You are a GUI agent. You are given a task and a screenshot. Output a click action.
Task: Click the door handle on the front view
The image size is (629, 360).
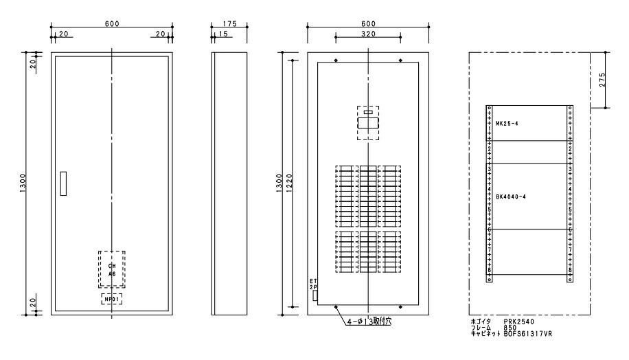point(63,183)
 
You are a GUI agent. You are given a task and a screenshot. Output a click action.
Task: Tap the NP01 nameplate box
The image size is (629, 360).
point(111,299)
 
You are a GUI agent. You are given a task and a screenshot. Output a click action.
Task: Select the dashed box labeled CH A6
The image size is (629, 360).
point(112,269)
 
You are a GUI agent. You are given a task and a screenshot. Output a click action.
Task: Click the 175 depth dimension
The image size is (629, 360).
point(229,23)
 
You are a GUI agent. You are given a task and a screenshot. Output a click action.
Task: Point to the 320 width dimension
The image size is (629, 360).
point(368,34)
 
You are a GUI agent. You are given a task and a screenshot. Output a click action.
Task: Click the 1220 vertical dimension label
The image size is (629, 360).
point(290,183)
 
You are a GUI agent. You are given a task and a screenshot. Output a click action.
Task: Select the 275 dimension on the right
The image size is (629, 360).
point(602,80)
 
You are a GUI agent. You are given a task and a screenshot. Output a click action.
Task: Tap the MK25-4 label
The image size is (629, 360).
point(507,124)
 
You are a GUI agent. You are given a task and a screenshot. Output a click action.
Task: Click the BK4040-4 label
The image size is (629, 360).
point(511,196)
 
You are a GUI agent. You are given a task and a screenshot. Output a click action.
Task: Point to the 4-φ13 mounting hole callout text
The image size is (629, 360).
point(369,322)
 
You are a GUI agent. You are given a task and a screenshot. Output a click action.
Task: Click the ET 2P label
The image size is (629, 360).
point(313,284)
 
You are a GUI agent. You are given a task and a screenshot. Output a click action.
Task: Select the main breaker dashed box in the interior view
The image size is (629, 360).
point(368,123)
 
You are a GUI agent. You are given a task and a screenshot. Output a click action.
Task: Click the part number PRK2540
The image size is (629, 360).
point(519,322)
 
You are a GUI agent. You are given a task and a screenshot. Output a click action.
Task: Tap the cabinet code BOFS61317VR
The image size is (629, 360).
point(528,333)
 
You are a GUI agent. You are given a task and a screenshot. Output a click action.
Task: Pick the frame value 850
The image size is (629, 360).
point(510,328)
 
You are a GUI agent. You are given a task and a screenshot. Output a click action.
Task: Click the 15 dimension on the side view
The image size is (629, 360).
point(223,34)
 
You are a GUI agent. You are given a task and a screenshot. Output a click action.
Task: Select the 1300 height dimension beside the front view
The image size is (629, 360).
point(23,183)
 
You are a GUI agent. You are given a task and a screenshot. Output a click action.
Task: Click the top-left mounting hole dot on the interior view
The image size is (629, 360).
point(336,60)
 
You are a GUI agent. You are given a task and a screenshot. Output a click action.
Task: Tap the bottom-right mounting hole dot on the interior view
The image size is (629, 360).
point(401,307)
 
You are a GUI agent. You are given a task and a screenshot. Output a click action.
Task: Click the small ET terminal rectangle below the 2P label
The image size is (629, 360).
point(315,296)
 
